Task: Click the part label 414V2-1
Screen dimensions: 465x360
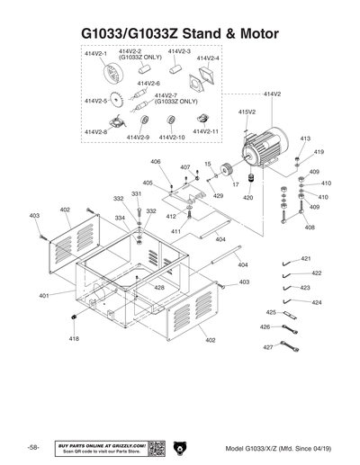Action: coord(95,54)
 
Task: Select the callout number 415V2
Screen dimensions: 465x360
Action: coord(247,112)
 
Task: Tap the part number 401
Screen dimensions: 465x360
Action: coord(44,295)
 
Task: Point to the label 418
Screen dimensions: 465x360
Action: coord(74,339)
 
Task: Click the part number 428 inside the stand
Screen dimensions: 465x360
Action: coord(158,288)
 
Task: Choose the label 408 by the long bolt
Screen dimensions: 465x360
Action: coord(310,228)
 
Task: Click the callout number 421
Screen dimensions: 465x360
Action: coord(306,258)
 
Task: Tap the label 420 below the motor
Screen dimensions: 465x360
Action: coord(248,197)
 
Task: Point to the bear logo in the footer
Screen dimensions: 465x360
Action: coord(180,447)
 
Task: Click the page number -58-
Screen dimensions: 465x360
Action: coord(33,448)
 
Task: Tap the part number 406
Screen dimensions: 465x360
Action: coord(155,162)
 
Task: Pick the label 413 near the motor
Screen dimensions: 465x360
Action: coord(305,139)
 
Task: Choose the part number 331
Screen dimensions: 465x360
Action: coord(136,193)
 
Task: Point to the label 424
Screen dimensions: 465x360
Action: coord(317,303)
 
